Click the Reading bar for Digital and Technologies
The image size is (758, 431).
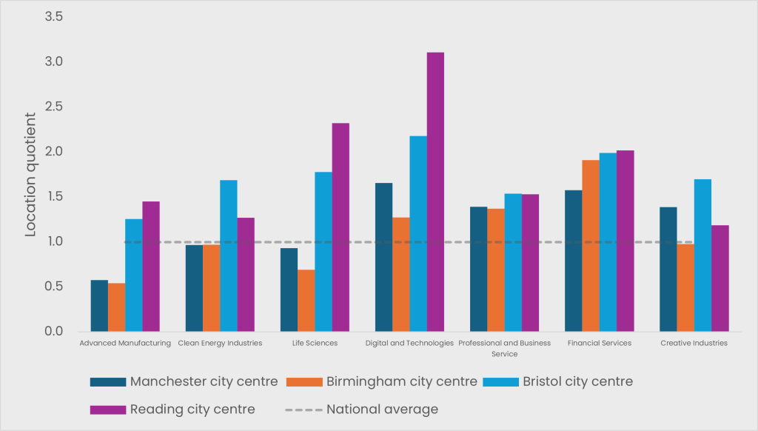point(435,192)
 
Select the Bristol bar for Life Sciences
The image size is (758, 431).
point(323,252)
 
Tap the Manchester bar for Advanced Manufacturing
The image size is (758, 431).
point(99,306)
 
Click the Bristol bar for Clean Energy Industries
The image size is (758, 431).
point(228,255)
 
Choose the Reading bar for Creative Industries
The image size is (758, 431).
point(720,278)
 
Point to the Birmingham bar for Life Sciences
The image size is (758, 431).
point(306,301)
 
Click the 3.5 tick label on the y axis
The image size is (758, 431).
point(54,16)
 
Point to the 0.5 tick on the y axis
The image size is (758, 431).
point(54,287)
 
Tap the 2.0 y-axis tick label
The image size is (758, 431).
point(54,152)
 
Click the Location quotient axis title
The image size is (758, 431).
point(30,175)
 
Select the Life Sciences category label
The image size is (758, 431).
point(315,344)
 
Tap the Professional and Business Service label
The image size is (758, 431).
point(504,348)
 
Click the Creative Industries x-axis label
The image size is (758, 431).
point(694,344)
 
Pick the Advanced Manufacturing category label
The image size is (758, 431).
point(125,344)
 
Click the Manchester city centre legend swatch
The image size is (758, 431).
point(108,382)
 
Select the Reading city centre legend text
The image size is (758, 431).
point(192,410)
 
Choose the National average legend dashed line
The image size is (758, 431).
point(303,410)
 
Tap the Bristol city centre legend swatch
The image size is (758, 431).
point(500,382)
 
